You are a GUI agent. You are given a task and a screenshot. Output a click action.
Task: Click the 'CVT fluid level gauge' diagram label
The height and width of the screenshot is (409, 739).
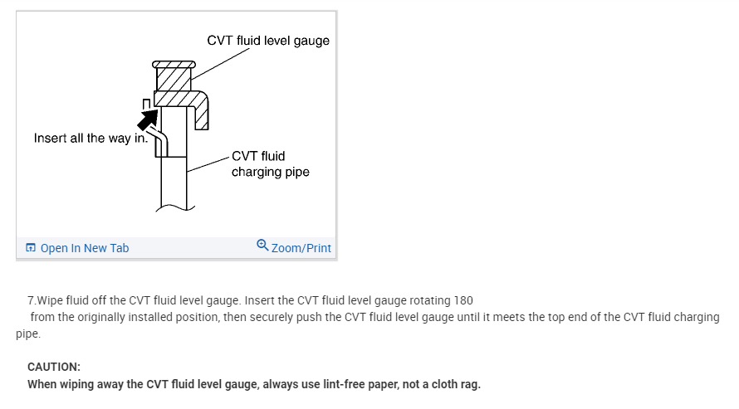267,41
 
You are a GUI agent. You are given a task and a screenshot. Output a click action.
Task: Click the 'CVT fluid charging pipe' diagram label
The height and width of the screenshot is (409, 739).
270,164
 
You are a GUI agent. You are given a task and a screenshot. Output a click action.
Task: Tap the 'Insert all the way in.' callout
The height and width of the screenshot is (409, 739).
91,138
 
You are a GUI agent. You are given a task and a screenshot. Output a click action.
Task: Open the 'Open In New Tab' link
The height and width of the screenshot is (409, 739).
85,248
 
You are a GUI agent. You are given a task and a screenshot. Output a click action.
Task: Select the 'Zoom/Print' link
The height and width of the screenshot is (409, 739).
301,248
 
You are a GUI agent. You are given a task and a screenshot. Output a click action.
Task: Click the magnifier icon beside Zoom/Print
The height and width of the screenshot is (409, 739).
262,246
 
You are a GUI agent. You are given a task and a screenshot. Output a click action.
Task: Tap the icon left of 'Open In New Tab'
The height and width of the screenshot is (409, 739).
31,248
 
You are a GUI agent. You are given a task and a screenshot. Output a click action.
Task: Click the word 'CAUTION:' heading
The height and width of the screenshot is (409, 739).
54,367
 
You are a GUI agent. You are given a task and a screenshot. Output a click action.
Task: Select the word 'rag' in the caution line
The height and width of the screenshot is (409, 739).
468,384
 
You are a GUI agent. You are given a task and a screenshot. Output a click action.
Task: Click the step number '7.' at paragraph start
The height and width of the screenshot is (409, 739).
32,299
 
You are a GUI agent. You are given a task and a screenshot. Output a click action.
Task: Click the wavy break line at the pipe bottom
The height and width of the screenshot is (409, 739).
174,207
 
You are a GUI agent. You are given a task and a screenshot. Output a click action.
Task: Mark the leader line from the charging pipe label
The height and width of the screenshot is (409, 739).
208,163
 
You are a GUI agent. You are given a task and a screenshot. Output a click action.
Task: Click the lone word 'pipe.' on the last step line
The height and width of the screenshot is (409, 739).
28,334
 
